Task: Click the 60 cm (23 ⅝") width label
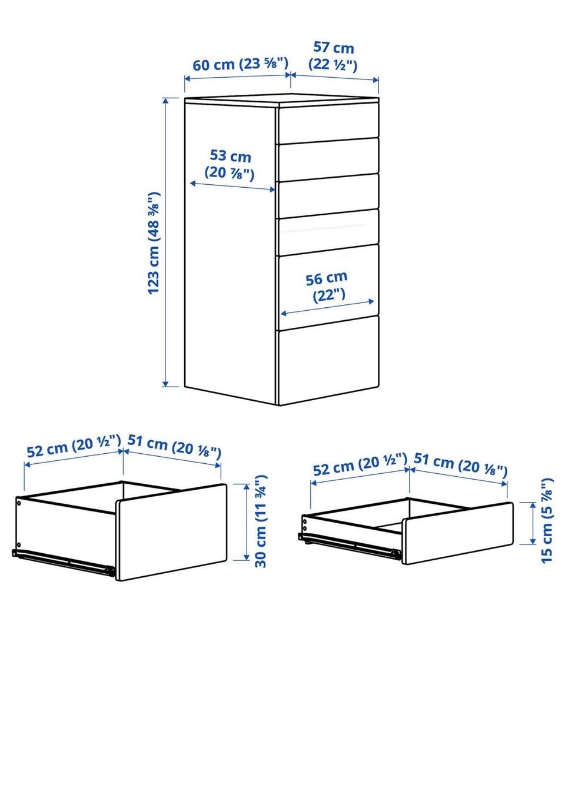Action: point(240,64)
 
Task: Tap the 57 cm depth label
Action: point(333,56)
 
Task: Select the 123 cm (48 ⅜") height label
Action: point(154,243)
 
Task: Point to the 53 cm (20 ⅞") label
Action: point(230,165)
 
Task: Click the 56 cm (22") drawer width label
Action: point(327,287)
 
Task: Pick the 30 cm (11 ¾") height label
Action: point(261,521)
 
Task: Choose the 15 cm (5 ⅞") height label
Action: point(546,521)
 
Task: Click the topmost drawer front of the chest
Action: point(328,123)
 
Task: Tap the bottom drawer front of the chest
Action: point(328,360)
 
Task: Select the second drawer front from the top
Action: point(328,159)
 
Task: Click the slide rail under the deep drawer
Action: point(64,561)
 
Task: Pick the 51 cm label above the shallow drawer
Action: point(460,464)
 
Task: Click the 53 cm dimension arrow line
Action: point(232,187)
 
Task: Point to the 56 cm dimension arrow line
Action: point(327,307)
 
